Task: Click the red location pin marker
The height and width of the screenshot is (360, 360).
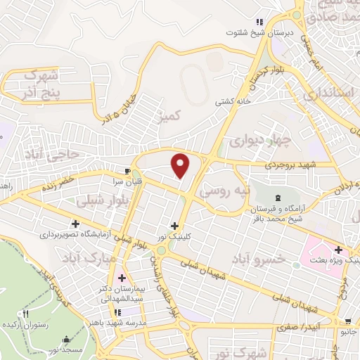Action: (181, 165)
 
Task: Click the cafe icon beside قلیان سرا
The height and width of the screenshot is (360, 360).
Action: (127, 171)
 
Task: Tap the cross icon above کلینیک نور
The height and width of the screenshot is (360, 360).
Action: (174, 226)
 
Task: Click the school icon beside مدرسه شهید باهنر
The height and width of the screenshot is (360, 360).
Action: (118, 311)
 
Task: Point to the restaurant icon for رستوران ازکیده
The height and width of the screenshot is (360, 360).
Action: (27, 314)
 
